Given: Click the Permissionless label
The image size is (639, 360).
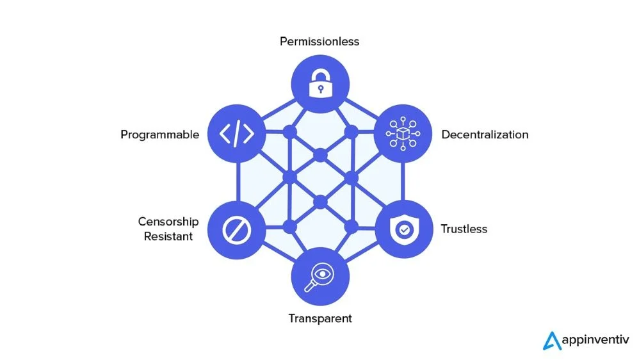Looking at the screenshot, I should click(x=319, y=42).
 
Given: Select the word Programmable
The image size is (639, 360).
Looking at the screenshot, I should click(x=160, y=135).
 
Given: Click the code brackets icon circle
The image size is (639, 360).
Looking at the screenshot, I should click(x=237, y=134).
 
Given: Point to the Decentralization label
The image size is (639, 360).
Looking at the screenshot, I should click(x=485, y=135).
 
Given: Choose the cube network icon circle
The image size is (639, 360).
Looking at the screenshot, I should click(x=403, y=134).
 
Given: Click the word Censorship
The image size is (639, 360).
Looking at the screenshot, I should click(x=168, y=222).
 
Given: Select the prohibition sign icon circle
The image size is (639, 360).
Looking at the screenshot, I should click(x=237, y=229).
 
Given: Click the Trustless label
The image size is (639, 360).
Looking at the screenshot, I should click(x=464, y=229).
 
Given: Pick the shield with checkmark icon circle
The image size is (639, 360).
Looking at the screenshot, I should click(x=403, y=229).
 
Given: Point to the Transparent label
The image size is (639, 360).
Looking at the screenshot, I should click(x=320, y=318).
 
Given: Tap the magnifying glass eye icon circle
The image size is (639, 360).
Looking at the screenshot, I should click(x=320, y=276).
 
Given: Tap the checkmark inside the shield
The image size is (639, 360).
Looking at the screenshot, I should click(x=403, y=229).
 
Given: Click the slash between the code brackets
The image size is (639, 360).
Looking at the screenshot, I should click(x=237, y=134).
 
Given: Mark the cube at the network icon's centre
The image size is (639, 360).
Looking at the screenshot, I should click(x=403, y=134).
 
